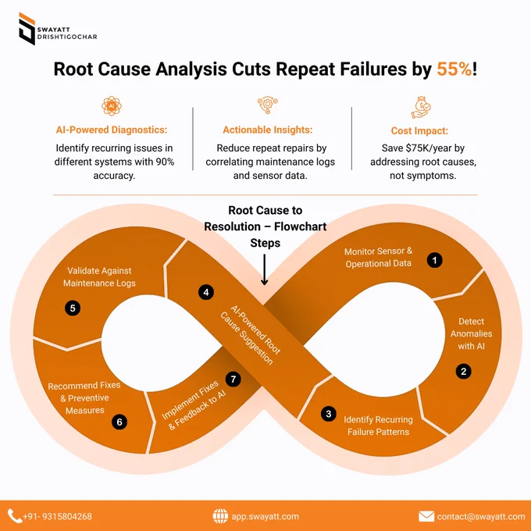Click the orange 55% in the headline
(454, 69)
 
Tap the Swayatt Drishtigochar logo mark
(27, 29)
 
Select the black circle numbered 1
(434, 260)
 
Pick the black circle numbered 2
(463, 372)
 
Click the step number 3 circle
(329, 414)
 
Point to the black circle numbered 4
(206, 292)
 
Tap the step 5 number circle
(73, 308)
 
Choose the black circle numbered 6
(119, 422)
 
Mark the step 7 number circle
(233, 379)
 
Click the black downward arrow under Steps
(265, 269)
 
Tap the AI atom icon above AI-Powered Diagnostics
(112, 106)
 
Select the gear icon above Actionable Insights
(268, 105)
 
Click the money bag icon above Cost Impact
(421, 107)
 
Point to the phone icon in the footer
(15, 516)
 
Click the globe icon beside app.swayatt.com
(220, 516)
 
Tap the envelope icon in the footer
(426, 516)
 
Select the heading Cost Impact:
(419, 130)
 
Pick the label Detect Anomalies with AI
(471, 333)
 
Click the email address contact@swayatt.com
(481, 516)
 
